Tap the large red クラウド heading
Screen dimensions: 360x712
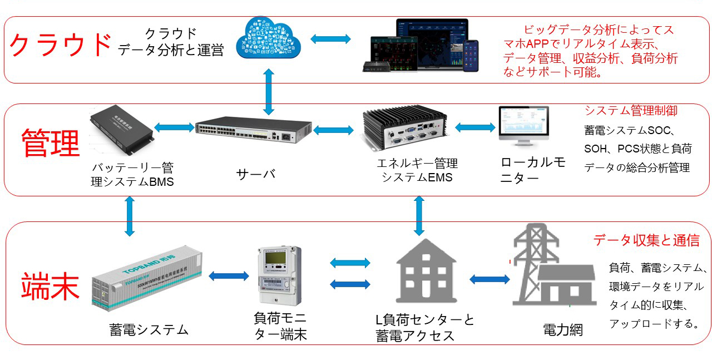[x=60, y=45]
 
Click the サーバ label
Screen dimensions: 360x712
[x=255, y=174]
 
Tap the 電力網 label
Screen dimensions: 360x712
[x=562, y=329]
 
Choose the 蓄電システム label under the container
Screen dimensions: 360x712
[x=149, y=329]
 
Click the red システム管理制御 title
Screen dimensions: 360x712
[x=631, y=111]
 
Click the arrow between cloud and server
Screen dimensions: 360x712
[x=269, y=92]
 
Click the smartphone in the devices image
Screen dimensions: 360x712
[x=472, y=56]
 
